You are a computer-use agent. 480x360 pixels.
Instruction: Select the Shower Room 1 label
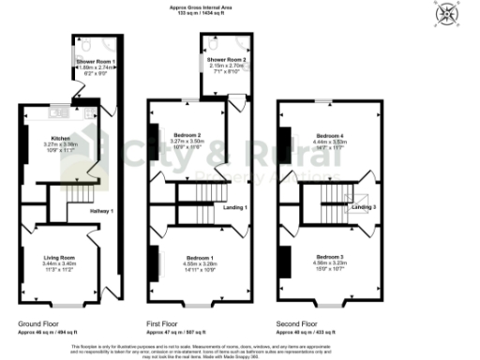pyautogui.click(x=96, y=60)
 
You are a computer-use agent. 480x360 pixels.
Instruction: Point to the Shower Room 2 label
pyautogui.click(x=226, y=60)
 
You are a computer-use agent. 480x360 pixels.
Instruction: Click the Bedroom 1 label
pyautogui.click(x=200, y=257)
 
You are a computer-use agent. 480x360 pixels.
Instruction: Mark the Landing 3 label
pyautogui.click(x=363, y=206)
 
